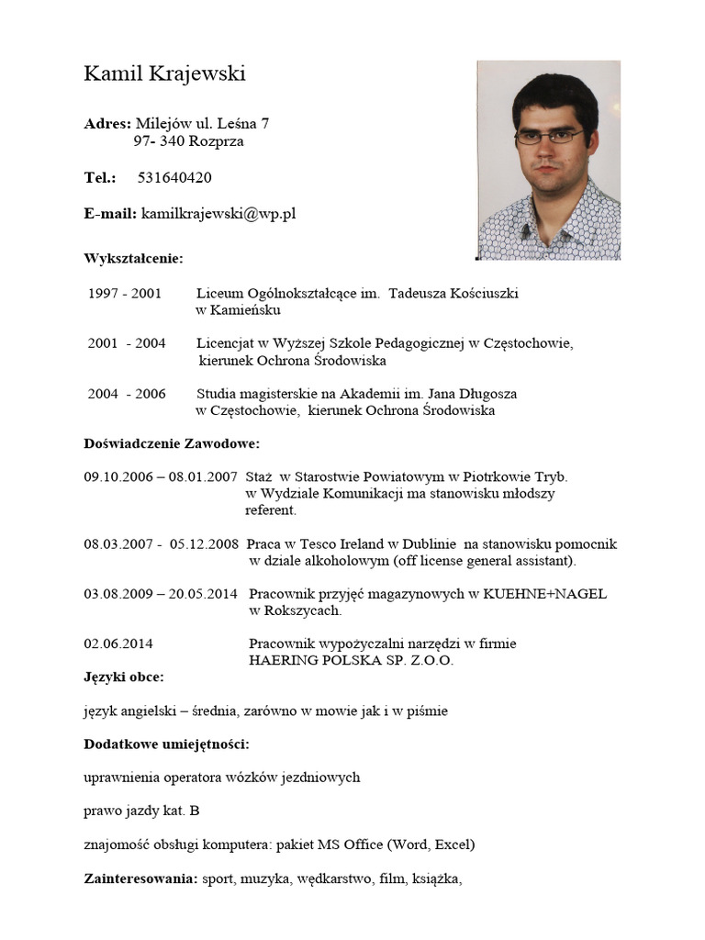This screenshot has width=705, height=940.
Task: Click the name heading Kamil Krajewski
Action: (164, 74)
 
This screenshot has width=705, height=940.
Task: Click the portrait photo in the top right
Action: (548, 161)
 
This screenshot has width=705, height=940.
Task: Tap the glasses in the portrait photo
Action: (549, 137)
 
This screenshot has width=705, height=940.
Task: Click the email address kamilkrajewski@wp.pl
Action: (218, 214)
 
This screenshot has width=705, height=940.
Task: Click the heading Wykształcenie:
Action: (133, 258)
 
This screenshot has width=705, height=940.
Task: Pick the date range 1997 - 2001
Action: (125, 294)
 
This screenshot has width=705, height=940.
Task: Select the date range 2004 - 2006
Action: (127, 394)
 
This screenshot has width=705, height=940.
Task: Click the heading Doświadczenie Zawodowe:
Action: (172, 444)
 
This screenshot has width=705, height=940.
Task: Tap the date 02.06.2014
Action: (118, 643)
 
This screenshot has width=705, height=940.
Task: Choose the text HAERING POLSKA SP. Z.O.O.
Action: (351, 660)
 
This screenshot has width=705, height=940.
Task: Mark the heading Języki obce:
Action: (124, 677)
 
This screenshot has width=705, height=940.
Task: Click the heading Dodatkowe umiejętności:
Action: (166, 744)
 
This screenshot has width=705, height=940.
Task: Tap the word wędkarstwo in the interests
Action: (332, 878)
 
